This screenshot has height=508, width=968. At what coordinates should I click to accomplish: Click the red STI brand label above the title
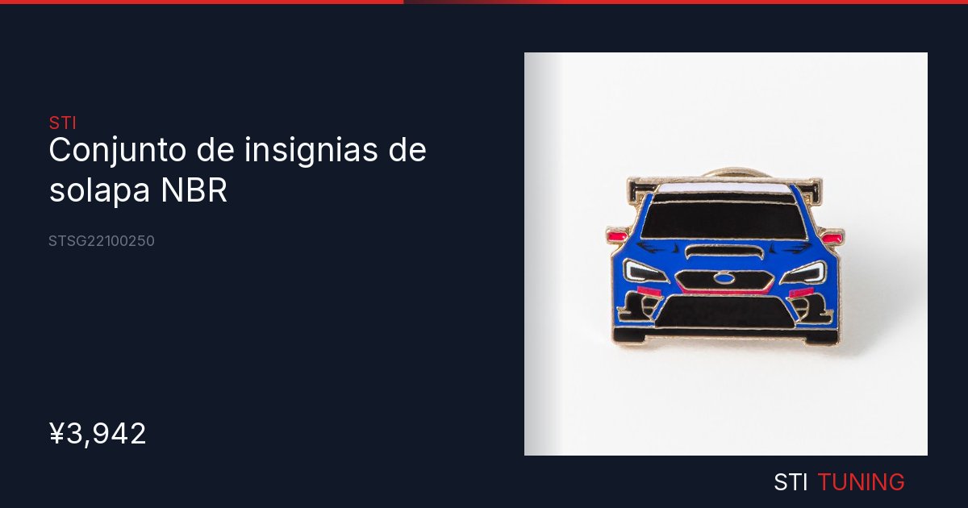[x=63, y=123]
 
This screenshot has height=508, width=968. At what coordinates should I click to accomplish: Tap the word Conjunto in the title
[x=118, y=150]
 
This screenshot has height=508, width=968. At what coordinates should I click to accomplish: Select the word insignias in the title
[x=311, y=150]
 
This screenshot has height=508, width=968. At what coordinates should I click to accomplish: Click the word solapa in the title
[x=99, y=189]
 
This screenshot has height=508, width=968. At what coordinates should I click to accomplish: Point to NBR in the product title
[x=194, y=190]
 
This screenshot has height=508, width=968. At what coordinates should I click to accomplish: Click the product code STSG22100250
[x=102, y=241]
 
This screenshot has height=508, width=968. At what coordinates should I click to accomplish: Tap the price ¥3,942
[x=98, y=434]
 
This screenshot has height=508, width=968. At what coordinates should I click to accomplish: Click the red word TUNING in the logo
[x=862, y=481]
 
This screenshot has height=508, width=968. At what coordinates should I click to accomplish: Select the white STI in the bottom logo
[x=790, y=481]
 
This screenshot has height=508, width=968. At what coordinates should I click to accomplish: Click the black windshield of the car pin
[x=724, y=220]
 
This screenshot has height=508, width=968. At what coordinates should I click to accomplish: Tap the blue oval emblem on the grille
[x=724, y=277]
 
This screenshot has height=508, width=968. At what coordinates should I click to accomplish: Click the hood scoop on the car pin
[x=724, y=251]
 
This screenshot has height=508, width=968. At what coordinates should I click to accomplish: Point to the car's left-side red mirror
[x=616, y=235]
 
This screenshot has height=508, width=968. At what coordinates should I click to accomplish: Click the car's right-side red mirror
[x=832, y=237]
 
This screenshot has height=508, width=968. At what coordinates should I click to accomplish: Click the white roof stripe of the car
[x=724, y=188]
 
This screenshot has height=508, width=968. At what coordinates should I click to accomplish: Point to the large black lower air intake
[x=724, y=312]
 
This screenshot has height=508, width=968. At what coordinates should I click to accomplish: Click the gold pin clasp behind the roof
[x=735, y=173]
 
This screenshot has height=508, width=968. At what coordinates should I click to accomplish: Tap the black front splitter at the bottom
[x=725, y=335]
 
